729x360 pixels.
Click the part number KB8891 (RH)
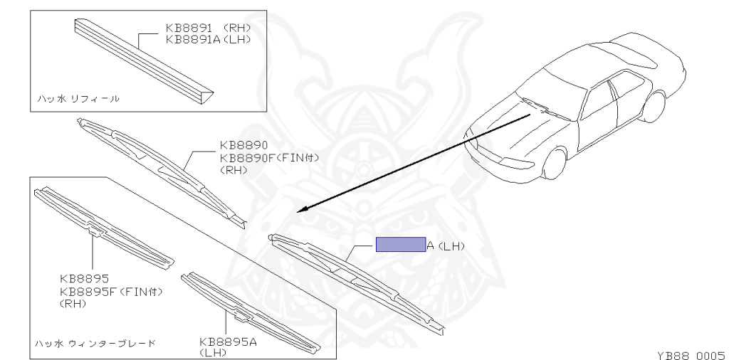pos(208,28)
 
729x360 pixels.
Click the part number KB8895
pos(84,278)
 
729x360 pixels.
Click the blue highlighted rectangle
pos(400,245)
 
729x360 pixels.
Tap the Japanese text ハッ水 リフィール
pos(78,98)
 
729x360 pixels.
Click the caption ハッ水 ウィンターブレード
pos(96,343)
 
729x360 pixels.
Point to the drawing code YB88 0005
pos(690,353)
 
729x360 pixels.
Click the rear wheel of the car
pos(654,107)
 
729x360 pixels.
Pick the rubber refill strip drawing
pos(142,60)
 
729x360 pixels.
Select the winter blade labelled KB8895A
pos(249,312)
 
